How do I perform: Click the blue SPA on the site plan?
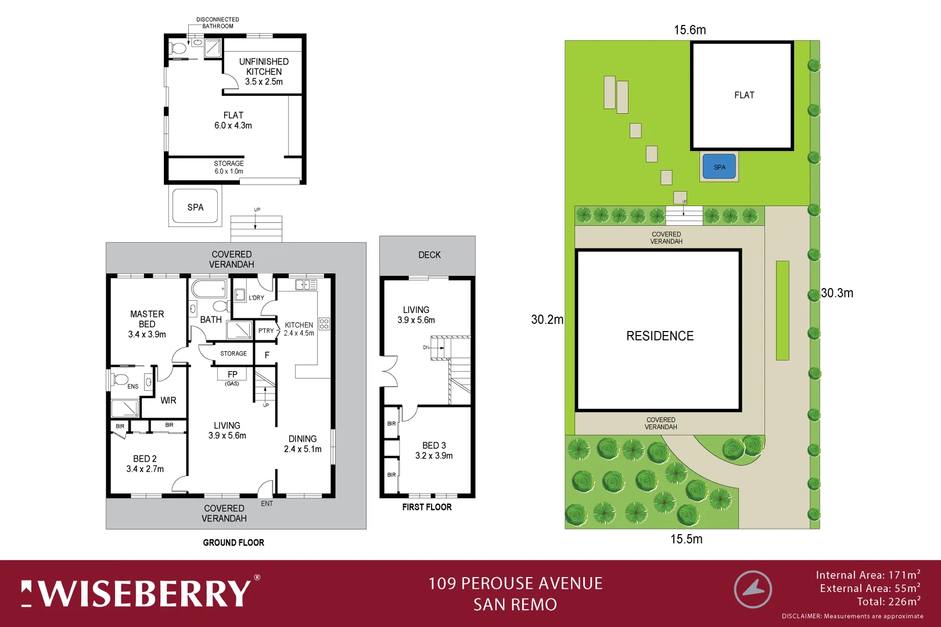click(x=719, y=167)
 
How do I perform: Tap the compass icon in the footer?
click(x=753, y=589)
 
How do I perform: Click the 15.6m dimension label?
click(x=689, y=30)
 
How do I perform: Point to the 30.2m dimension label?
click(x=547, y=320)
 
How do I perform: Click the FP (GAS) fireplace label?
click(x=232, y=377)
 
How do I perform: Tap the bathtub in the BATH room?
click(x=209, y=289)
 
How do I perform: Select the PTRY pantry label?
click(x=266, y=330)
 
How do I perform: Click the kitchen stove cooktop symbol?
click(x=324, y=324)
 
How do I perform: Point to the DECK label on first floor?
click(x=429, y=255)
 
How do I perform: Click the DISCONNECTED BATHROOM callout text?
click(x=217, y=23)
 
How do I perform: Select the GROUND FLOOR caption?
click(x=234, y=542)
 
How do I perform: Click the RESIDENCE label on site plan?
click(x=660, y=336)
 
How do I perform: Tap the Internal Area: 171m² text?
click(x=867, y=575)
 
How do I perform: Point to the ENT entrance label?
click(x=267, y=503)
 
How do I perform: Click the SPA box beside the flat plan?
click(x=195, y=207)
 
